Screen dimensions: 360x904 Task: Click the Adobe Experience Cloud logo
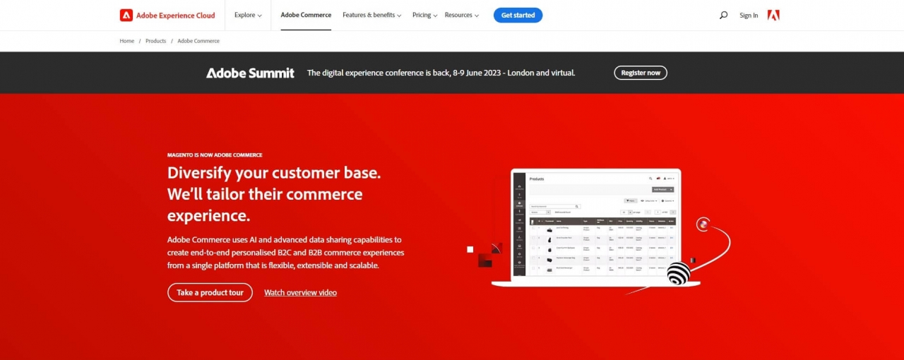167,15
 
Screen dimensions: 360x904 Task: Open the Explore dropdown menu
248,15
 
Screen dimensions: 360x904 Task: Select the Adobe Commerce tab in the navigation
306,15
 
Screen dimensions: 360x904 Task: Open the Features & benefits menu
371,15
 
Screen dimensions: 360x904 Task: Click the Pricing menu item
424,15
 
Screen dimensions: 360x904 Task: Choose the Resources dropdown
461,15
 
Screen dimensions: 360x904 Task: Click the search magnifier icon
723,15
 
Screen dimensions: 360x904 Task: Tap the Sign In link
749,16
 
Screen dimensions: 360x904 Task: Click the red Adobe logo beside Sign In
773,15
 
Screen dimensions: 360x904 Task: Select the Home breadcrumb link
127,41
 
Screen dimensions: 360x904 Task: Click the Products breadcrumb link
156,41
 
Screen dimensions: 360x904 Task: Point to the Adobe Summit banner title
250,73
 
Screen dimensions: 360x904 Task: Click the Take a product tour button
210,292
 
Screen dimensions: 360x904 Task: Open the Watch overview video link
300,292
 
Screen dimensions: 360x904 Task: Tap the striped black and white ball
678,273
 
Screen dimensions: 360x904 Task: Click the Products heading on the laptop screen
537,179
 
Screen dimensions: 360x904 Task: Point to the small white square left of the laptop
470,249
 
